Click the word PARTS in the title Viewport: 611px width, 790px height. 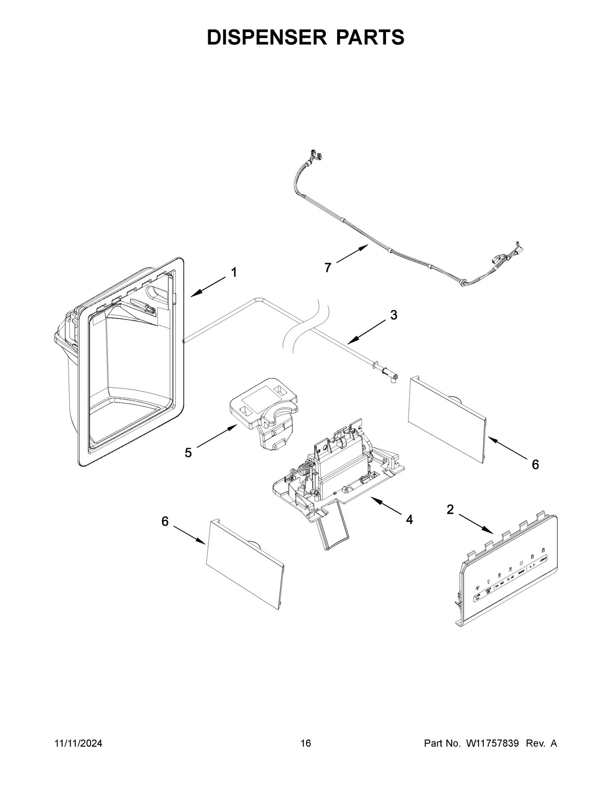(x=370, y=38)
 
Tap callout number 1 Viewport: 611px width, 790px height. (x=234, y=273)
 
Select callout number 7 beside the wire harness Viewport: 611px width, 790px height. (x=328, y=267)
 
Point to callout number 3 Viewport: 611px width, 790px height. (x=394, y=315)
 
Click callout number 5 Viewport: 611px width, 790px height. (x=188, y=452)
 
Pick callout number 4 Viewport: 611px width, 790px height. (x=409, y=519)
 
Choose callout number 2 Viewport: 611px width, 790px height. (x=450, y=510)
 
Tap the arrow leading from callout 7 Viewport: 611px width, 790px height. (x=352, y=254)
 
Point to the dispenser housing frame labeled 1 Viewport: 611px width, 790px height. (x=127, y=361)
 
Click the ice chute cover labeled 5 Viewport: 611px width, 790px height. (x=262, y=412)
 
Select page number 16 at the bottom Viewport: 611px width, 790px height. (x=305, y=744)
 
